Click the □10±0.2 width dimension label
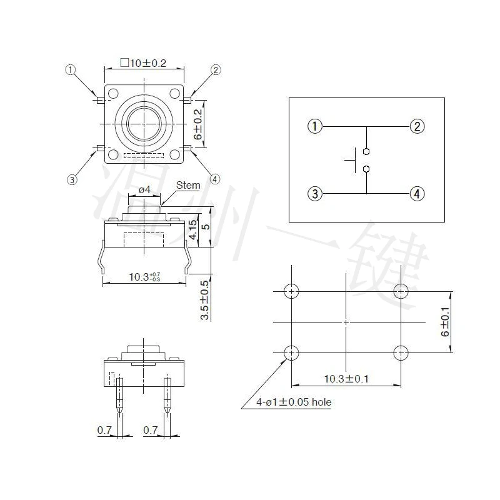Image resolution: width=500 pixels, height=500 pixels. point(143,63)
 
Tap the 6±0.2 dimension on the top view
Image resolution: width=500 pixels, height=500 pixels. point(198,124)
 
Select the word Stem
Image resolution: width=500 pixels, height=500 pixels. point(188,185)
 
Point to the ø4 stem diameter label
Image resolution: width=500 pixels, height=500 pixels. point(144,190)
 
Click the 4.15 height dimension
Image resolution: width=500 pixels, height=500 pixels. point(193,229)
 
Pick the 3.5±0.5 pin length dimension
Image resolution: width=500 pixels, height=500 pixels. point(204,300)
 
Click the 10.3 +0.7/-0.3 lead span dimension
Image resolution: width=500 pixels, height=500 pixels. point(144,277)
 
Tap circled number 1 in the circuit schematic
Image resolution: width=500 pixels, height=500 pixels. point(315,126)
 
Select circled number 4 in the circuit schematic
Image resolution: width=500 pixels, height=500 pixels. point(417,194)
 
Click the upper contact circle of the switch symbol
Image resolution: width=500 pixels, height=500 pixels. point(366,151)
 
